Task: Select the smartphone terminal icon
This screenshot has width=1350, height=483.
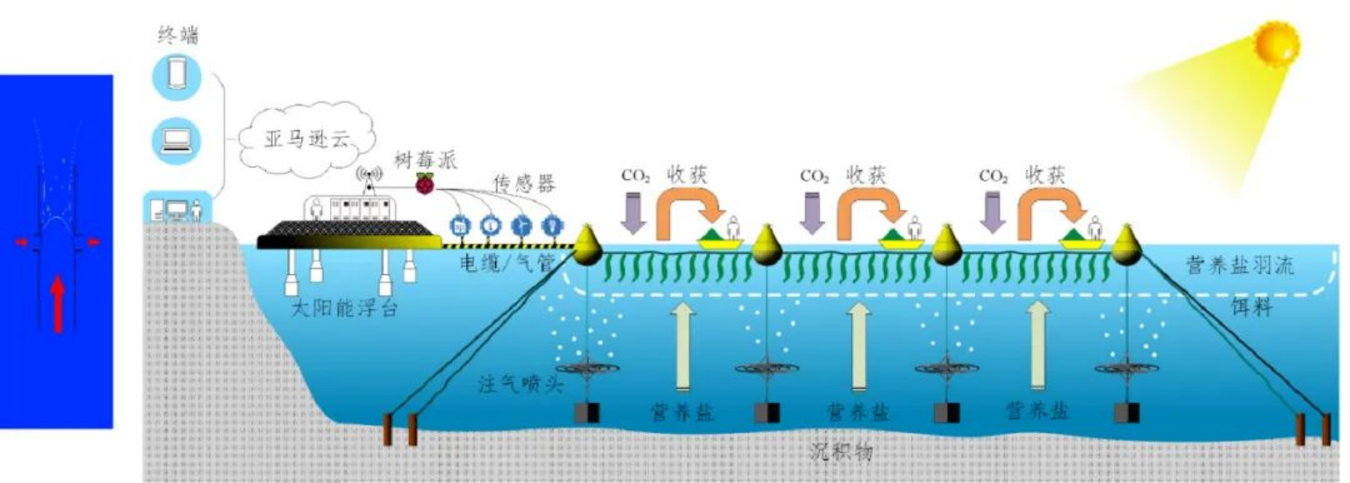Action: click(177, 74)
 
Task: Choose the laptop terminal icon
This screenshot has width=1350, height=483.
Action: click(177, 140)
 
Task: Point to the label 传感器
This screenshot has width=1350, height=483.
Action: click(523, 182)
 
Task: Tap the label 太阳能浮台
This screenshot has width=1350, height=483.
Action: click(344, 308)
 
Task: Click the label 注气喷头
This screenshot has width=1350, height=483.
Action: click(521, 383)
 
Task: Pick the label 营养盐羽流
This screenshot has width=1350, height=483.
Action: click(1240, 265)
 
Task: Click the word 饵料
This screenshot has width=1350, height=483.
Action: click(1251, 307)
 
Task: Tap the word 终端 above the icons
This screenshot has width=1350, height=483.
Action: click(178, 35)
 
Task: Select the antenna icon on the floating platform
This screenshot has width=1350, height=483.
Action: click(370, 177)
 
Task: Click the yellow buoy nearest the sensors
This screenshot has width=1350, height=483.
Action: click(586, 244)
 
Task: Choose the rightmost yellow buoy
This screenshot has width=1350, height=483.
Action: click(1126, 244)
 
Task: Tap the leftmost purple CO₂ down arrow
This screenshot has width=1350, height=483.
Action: click(633, 214)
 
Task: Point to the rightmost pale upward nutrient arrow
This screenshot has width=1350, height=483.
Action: click(1037, 345)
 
